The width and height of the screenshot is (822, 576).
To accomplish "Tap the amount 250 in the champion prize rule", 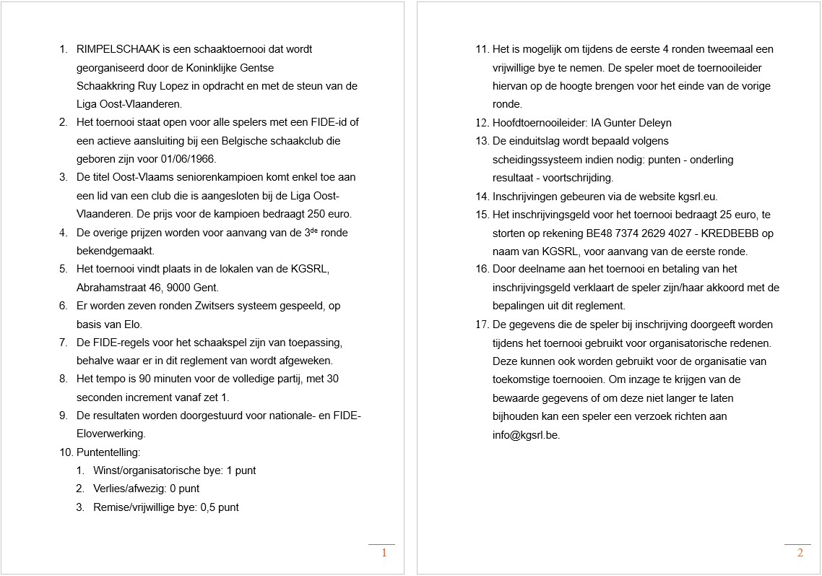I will [x=316, y=214].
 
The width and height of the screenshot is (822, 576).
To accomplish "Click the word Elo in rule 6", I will [x=133, y=324].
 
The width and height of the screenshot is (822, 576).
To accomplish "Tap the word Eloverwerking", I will [x=111, y=434].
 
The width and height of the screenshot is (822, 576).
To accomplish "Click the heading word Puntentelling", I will [x=108, y=452].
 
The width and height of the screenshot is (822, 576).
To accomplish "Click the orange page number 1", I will [x=384, y=553].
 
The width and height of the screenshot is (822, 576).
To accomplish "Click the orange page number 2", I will [x=800, y=553].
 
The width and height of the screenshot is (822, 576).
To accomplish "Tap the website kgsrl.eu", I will [x=698, y=196].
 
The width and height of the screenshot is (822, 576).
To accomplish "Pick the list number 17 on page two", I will [x=482, y=324].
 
